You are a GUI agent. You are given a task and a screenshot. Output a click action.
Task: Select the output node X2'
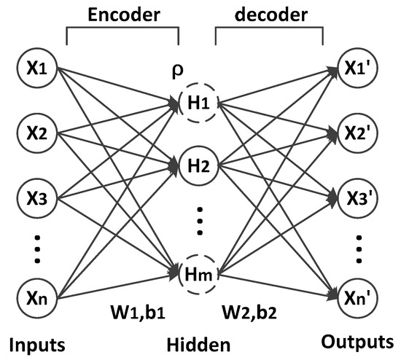359,135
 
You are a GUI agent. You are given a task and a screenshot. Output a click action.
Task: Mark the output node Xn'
359,298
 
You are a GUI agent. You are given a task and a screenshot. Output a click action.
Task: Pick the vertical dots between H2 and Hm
199,219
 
